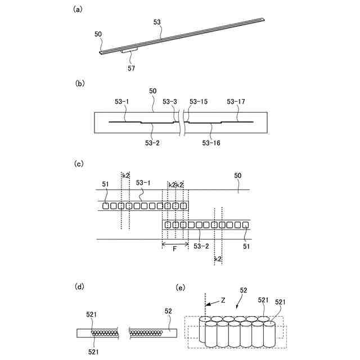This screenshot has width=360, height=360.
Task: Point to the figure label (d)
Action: (79, 287)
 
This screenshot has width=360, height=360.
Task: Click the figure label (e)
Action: (181, 287)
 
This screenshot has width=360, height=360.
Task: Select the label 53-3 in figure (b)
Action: (170, 102)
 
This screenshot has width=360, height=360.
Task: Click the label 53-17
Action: (236, 102)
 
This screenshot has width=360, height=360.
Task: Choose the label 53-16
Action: (211, 143)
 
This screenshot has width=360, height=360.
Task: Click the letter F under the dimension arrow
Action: (175, 253)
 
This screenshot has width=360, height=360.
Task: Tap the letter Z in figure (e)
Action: (223, 301)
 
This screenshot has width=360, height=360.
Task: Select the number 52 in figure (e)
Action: (243, 290)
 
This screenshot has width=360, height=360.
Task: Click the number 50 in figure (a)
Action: (98, 34)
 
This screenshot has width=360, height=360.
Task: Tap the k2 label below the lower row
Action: (218, 259)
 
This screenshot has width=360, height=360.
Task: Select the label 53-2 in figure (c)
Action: (201, 246)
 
